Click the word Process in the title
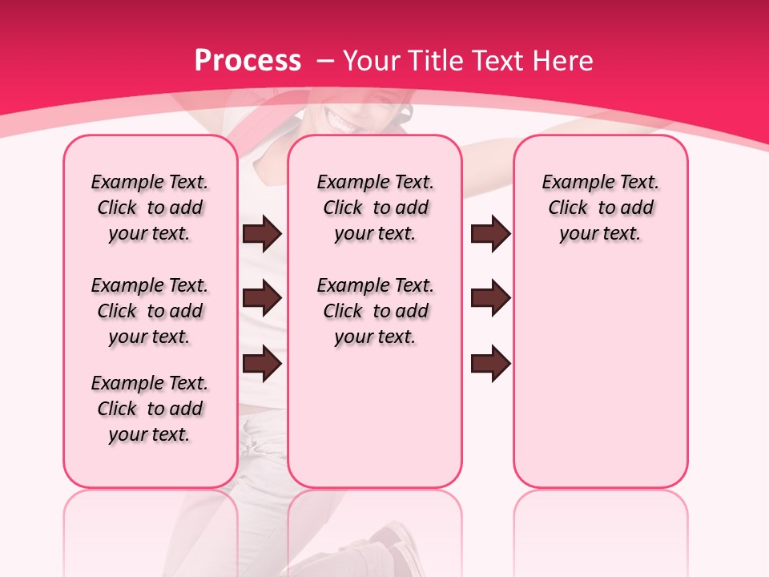click(248, 61)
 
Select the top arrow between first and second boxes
click(262, 234)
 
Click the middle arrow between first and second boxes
click(262, 299)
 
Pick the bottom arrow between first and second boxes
click(262, 363)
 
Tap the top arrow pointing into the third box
click(490, 234)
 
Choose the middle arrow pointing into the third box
click(490, 299)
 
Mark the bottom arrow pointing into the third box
click(490, 363)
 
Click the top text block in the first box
click(150, 208)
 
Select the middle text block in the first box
click(150, 311)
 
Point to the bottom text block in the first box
click(150, 409)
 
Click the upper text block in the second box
click(376, 208)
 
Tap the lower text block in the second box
click(376, 311)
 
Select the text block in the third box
click(601, 208)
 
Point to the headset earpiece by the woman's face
click(406, 111)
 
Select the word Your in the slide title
click(372, 61)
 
